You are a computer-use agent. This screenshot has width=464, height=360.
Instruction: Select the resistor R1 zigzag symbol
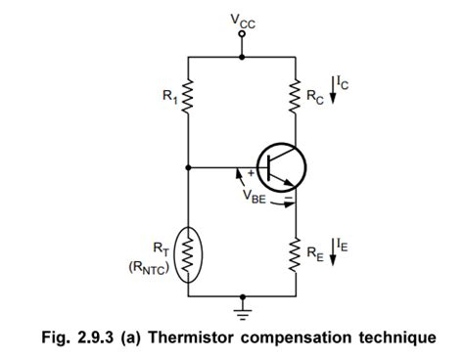188,95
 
